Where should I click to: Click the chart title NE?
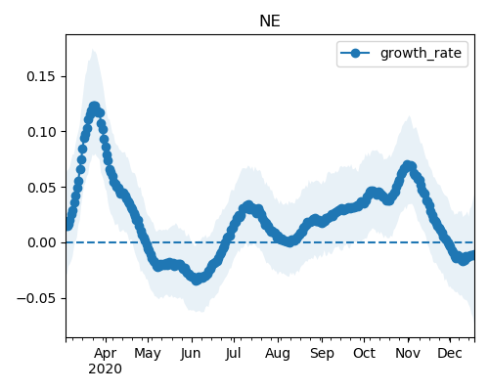pyautogui.click(x=270, y=22)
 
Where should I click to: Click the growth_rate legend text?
pyautogui.click(x=421, y=53)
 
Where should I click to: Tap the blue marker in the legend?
pyautogui.click(x=355, y=53)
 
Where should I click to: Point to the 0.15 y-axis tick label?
pyautogui.click(x=41, y=76)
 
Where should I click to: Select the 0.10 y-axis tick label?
pyautogui.click(x=41, y=132)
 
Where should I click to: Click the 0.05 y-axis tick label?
pyautogui.click(x=41, y=188)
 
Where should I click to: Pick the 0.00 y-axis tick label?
pyautogui.click(x=41, y=242)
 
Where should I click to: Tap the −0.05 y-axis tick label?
pyautogui.click(x=36, y=298)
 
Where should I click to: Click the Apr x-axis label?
pyautogui.click(x=106, y=353)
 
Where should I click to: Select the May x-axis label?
pyautogui.click(x=148, y=353)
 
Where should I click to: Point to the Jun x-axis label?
pyautogui.click(x=191, y=353)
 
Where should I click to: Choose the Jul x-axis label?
pyautogui.click(x=233, y=353)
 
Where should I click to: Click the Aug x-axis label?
pyautogui.click(x=278, y=353)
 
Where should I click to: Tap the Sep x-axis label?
pyautogui.click(x=322, y=353)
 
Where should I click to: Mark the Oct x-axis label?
pyautogui.click(x=364, y=353)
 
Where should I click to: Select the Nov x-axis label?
pyautogui.click(x=408, y=353)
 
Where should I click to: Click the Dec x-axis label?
pyautogui.click(x=450, y=353)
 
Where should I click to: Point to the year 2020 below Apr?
pyautogui.click(x=105, y=369)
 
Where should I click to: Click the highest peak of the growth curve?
pyautogui.click(x=94, y=107)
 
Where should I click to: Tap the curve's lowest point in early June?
pyautogui.click(x=196, y=280)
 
